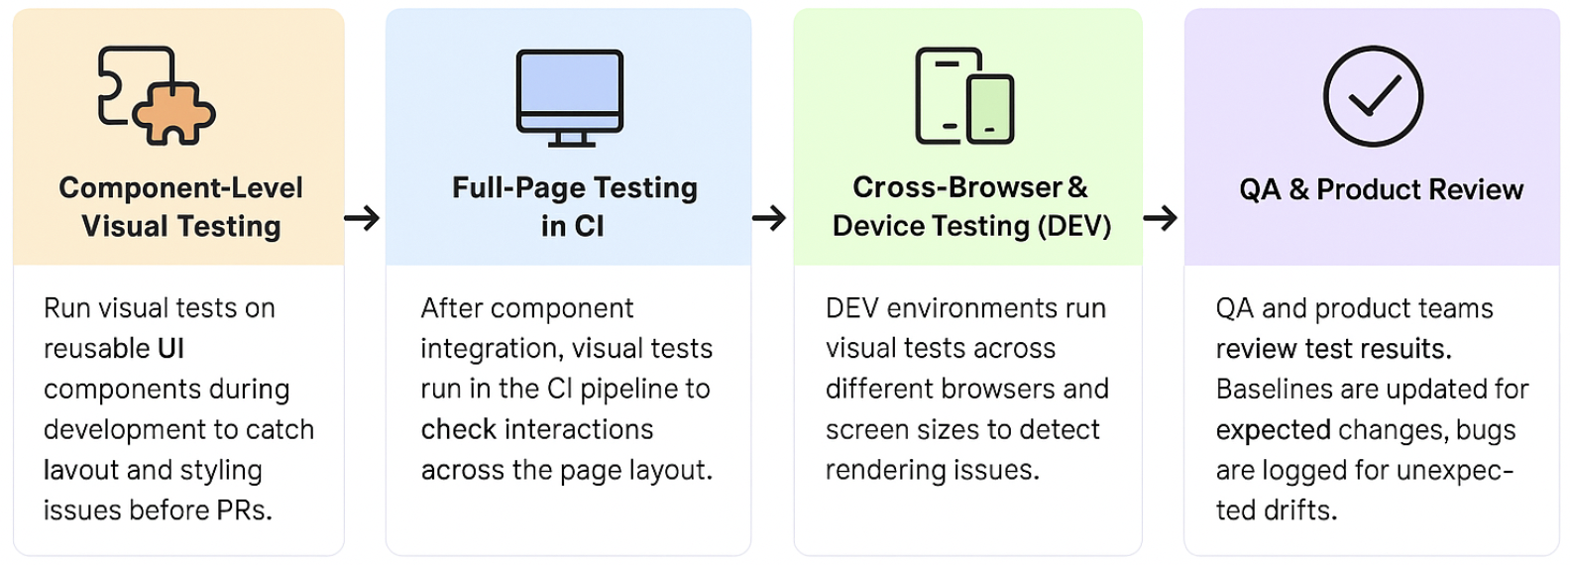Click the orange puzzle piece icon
[174, 114]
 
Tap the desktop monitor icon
[570, 97]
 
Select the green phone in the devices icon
[989, 109]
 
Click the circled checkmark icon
[1373, 96]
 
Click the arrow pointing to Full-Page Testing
[362, 218]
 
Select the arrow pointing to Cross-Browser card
[769, 218]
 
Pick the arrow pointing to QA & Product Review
[1160, 218]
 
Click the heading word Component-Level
[180, 188]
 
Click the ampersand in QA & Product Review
[1298, 189]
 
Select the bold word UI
[171, 348]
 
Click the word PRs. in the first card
[244, 510]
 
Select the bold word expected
[1273, 430]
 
